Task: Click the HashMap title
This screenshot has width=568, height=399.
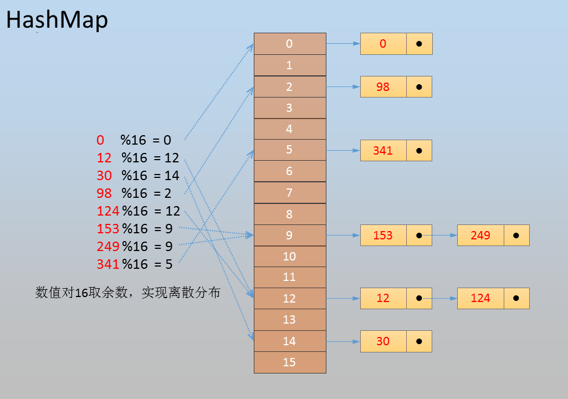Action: coord(57,19)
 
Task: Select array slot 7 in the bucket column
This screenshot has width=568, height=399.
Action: coord(290,192)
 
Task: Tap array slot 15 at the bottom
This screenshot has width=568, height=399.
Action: coord(290,362)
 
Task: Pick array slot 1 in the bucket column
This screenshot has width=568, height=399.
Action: coord(290,65)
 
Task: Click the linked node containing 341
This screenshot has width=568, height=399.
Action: coord(396,150)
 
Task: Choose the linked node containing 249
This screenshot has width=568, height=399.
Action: coord(493,235)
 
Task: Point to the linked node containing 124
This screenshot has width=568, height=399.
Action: coord(493,298)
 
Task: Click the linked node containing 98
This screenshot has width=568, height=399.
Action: coord(396,86)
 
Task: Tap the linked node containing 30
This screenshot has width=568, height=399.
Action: coord(396,341)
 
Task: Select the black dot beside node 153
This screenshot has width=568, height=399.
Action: coord(419,236)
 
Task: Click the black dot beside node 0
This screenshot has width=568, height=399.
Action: coord(419,44)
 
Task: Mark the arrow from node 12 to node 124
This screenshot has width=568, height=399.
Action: coord(438,298)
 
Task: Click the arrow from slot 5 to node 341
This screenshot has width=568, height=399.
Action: coord(343,150)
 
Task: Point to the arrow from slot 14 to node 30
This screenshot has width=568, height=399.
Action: coord(343,341)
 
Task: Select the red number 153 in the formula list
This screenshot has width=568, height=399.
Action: coord(108,229)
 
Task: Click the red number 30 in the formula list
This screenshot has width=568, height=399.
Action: coord(104,176)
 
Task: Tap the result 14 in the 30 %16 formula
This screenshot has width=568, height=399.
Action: coord(172,176)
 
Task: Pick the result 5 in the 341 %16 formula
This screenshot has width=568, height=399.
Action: coord(169,264)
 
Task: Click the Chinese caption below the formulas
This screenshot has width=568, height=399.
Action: coord(128,292)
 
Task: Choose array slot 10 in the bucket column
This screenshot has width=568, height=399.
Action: coord(290,256)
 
